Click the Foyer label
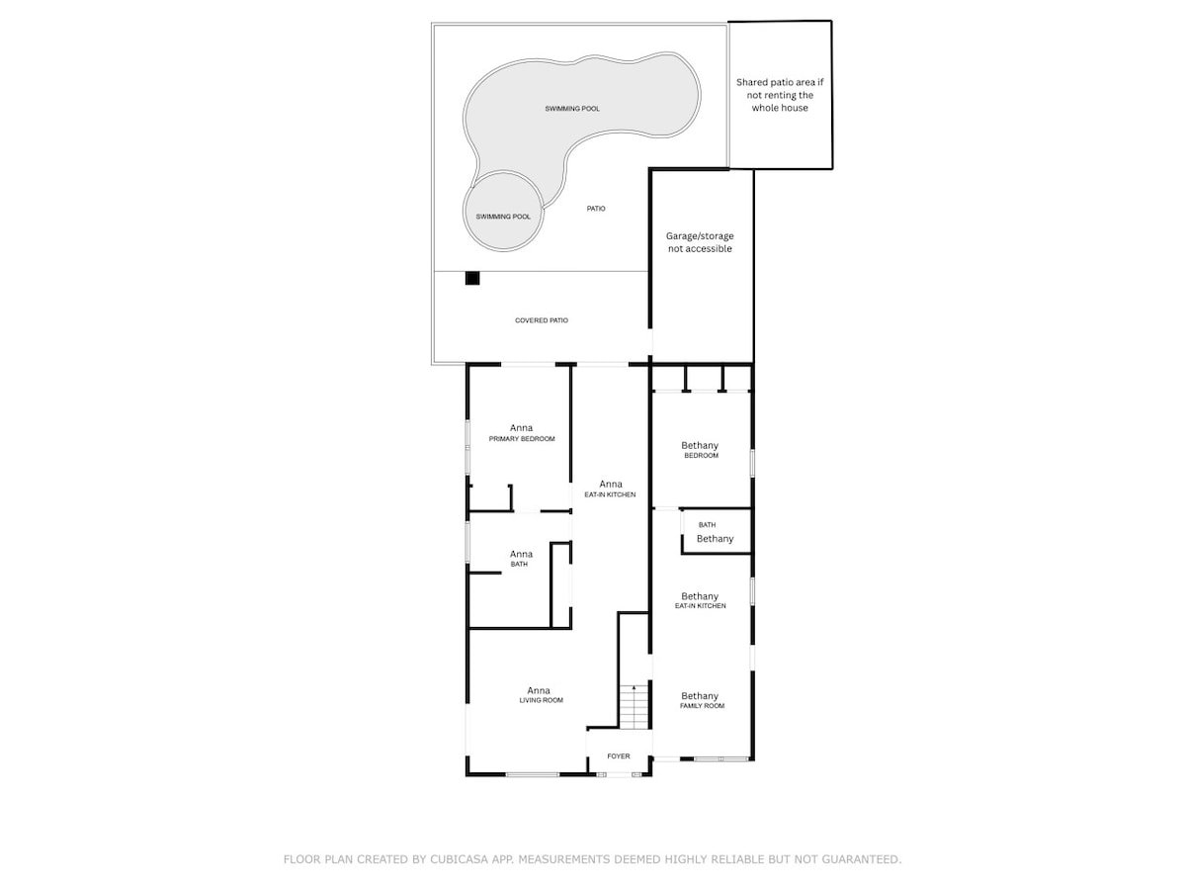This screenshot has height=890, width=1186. click(619, 756)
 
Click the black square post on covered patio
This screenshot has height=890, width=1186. click(472, 279)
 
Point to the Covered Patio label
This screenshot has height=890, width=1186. click(542, 320)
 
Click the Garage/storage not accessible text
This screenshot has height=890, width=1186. click(700, 242)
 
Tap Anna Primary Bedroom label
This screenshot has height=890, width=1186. click(521, 433)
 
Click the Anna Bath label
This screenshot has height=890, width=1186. click(521, 559)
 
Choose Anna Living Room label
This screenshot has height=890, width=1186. click(539, 694)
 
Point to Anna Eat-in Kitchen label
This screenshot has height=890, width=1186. click(610, 489)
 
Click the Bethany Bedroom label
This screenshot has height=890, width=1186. click(700, 450)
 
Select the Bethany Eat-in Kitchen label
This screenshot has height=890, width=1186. click(700, 600)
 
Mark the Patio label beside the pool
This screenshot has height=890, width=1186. click(595, 209)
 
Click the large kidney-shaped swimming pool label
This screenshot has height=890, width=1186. click(572, 109)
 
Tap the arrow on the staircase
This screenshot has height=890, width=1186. click(634, 687)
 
